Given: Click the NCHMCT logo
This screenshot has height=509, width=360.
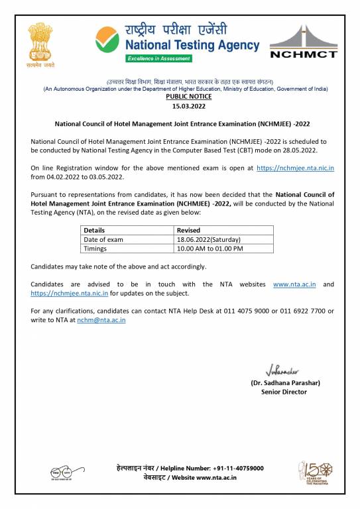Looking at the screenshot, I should click(x=304, y=44).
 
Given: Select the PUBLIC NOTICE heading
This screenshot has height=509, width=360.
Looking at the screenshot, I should click(x=180, y=97).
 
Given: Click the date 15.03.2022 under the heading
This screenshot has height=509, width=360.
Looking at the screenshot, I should click(x=180, y=106).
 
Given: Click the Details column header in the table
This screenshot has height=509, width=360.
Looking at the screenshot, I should click(x=94, y=230).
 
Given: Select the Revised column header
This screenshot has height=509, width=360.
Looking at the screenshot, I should click(x=188, y=230).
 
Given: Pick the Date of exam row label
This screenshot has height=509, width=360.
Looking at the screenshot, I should click(x=103, y=239).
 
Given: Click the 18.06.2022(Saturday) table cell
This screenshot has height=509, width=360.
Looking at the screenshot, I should click(x=209, y=239).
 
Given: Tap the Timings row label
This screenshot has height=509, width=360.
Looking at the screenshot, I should click(x=95, y=249).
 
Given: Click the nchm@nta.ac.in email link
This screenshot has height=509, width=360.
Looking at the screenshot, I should click(x=101, y=320).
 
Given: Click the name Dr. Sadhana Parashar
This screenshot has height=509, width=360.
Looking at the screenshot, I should click(x=285, y=383).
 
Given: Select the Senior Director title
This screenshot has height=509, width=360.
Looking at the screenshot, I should click(x=284, y=392).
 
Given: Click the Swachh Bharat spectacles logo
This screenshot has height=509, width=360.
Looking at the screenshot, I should click(x=64, y=473).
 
